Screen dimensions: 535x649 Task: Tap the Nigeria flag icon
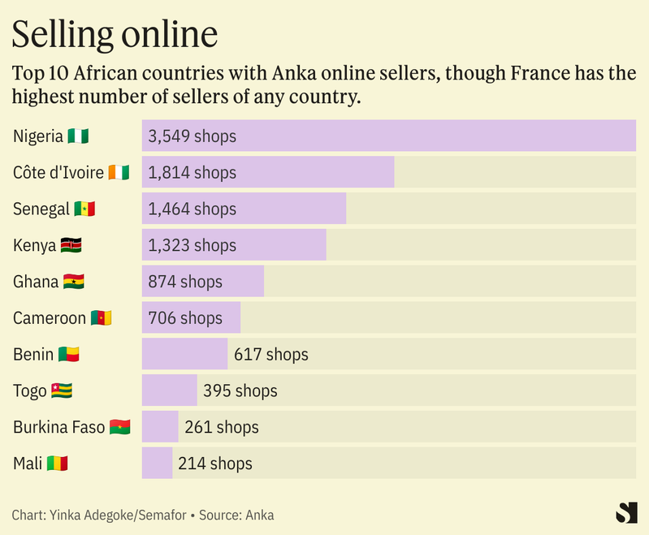click(79, 136)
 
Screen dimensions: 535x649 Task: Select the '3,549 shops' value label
click(192, 136)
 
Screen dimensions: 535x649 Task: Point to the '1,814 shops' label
click(192, 172)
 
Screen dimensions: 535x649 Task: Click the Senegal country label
click(41, 209)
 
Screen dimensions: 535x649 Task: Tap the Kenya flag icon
click(71, 245)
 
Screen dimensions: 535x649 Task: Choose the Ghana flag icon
click(74, 282)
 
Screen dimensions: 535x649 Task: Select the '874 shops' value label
click(185, 282)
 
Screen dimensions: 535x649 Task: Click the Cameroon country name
click(49, 317)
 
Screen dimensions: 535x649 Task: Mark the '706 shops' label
click(185, 317)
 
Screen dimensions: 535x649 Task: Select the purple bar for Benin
click(184, 354)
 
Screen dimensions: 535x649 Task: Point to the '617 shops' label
click(270, 354)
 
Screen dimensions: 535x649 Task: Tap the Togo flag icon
click(63, 390)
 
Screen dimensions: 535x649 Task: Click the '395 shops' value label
click(240, 390)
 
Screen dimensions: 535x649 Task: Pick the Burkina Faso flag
click(120, 427)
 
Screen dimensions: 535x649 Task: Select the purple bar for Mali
click(157, 464)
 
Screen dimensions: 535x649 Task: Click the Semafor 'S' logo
click(626, 513)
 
